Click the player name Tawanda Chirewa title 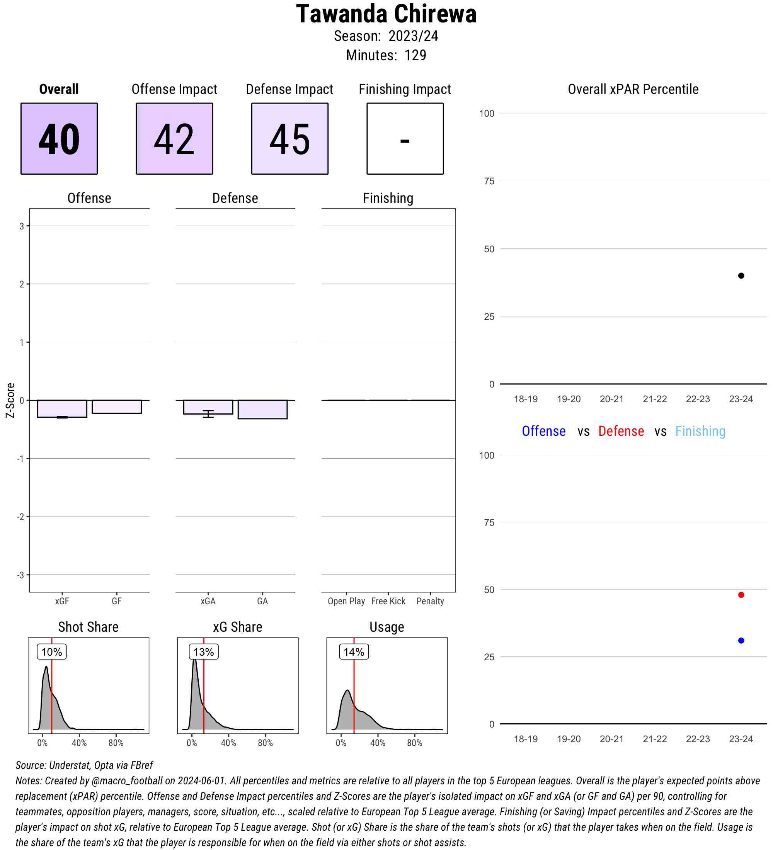pyautogui.click(x=386, y=14)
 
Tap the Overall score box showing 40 pyautogui.click(x=59, y=138)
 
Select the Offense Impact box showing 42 pyautogui.click(x=174, y=138)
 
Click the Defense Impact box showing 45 pyautogui.click(x=290, y=138)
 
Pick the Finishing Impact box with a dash pyautogui.click(x=405, y=138)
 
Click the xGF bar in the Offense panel pyautogui.click(x=62, y=408)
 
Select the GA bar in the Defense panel pyautogui.click(x=262, y=410)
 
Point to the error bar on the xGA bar pyautogui.click(x=208, y=414)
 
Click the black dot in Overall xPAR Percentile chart pyautogui.click(x=741, y=276)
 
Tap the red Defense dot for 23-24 pyautogui.click(x=741, y=595)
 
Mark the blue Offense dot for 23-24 pyautogui.click(x=741, y=641)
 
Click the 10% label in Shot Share pyautogui.click(x=51, y=652)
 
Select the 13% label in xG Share pyautogui.click(x=204, y=652)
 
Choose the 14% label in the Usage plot pyautogui.click(x=354, y=652)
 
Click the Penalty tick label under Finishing pyautogui.click(x=430, y=601)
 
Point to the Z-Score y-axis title pyautogui.click(x=10, y=400)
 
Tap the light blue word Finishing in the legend pyautogui.click(x=700, y=431)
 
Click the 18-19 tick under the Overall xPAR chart pyautogui.click(x=526, y=399)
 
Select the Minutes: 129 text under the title pyautogui.click(x=386, y=55)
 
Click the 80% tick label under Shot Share pyautogui.click(x=116, y=743)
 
